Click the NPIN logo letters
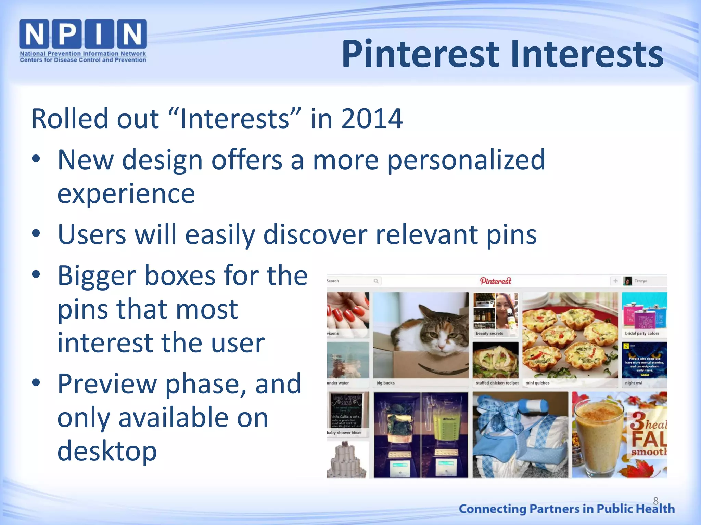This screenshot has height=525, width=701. (83, 34)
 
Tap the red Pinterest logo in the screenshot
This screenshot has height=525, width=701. (496, 281)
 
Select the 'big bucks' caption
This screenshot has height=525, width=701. (385, 383)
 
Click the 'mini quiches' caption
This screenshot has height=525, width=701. (537, 383)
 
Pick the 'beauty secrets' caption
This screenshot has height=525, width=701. (489, 333)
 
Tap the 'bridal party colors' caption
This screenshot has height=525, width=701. (642, 333)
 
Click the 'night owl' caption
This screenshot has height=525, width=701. (634, 383)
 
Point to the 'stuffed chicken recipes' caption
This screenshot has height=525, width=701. (497, 383)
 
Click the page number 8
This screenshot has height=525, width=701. (656, 501)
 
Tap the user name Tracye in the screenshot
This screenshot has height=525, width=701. (641, 281)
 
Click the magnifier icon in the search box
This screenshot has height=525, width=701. (376, 281)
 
